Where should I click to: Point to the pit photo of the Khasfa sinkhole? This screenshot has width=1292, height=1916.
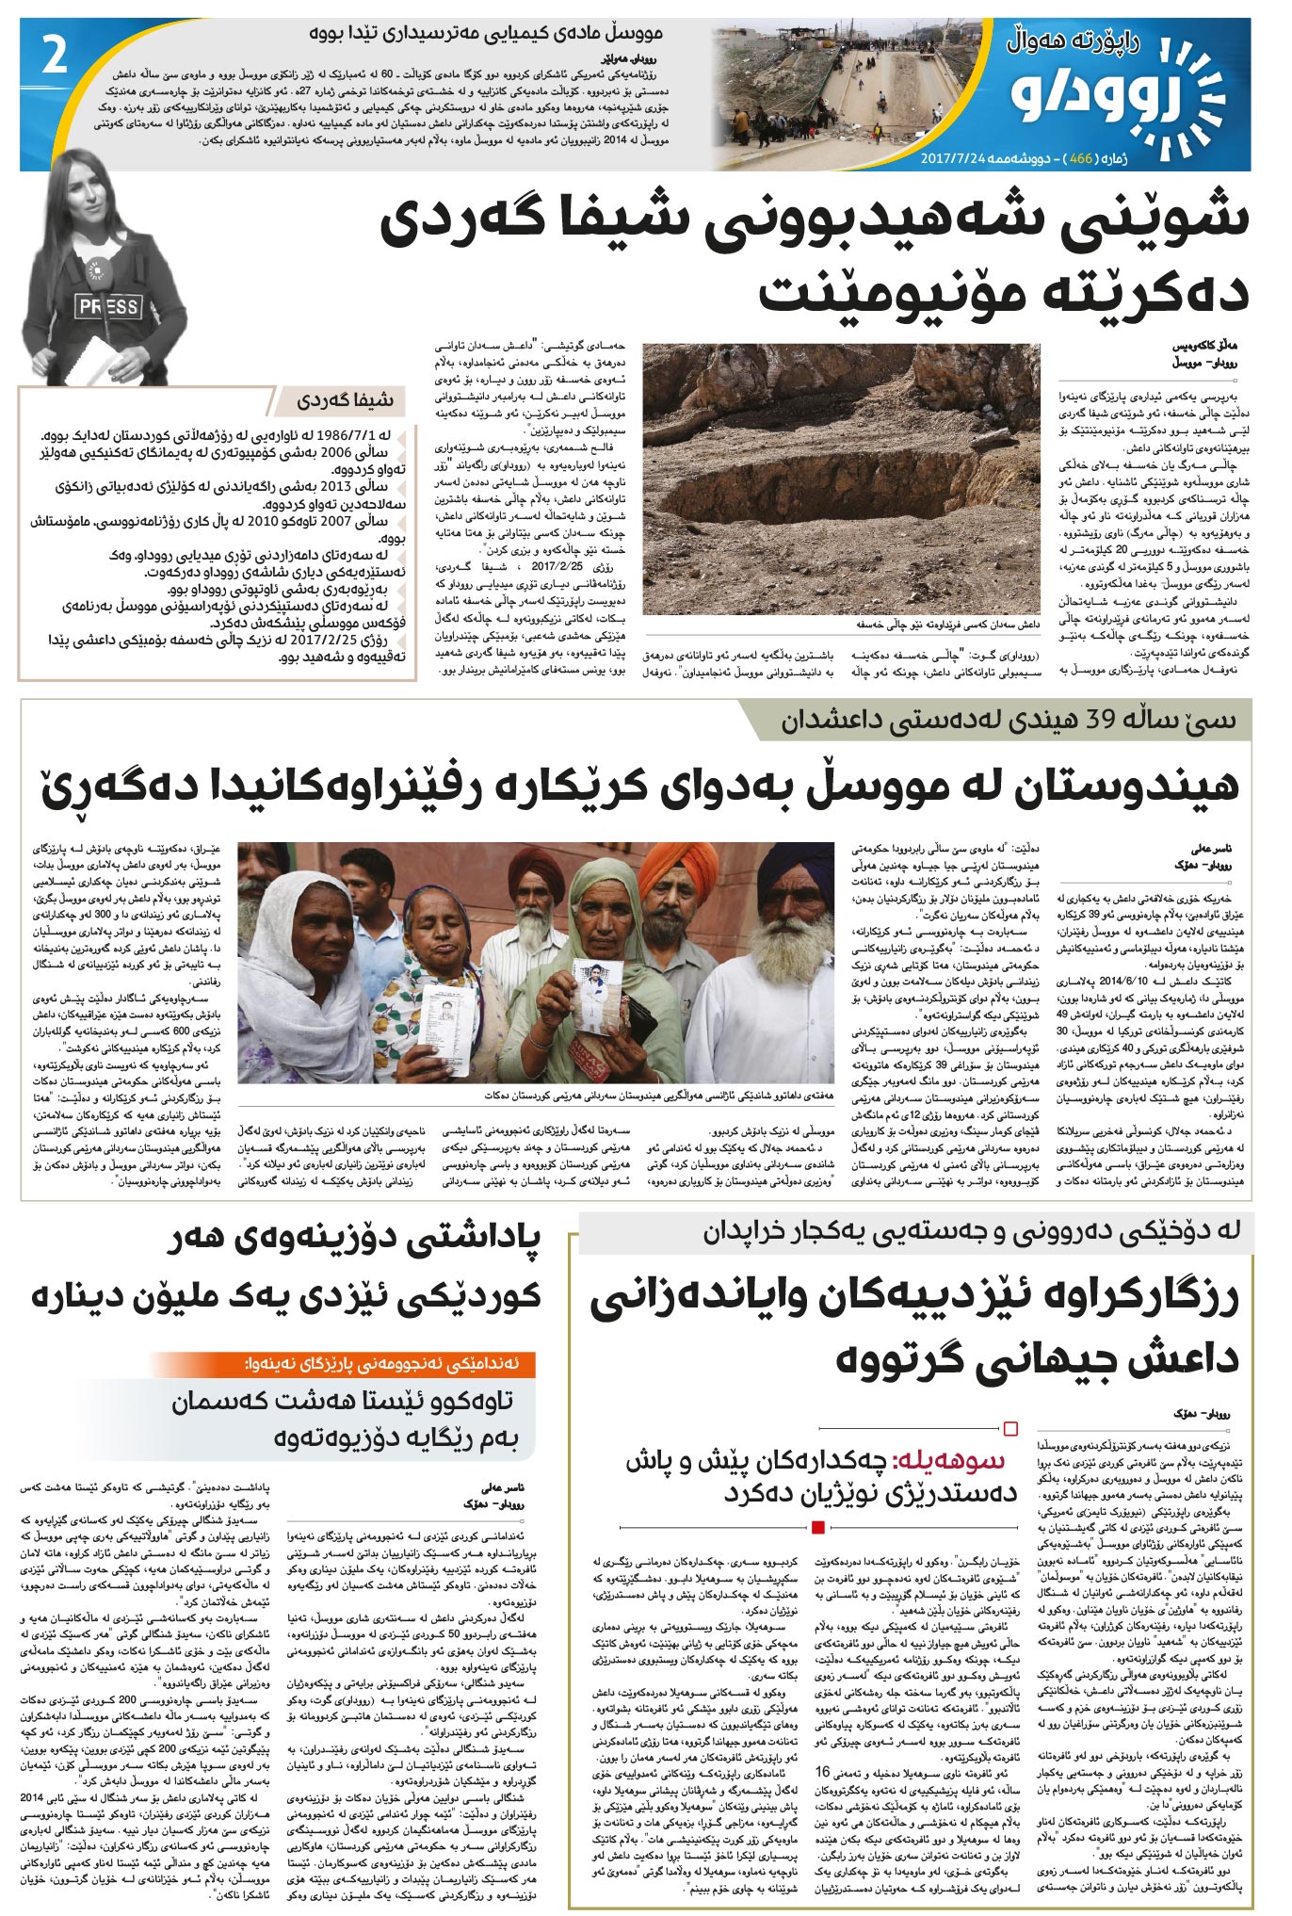(841, 478)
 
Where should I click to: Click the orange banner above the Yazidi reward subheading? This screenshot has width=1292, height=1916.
(343, 1363)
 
